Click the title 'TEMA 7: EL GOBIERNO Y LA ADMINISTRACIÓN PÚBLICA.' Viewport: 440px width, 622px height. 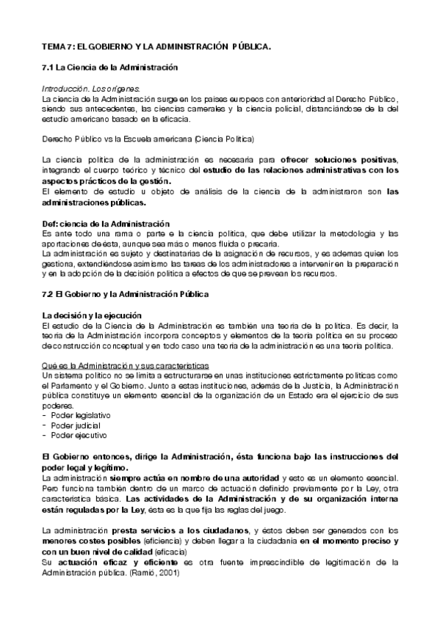click(x=156, y=47)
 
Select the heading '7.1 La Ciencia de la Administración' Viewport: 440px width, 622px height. click(x=111, y=67)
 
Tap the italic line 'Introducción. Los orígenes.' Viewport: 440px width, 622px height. click(x=91, y=88)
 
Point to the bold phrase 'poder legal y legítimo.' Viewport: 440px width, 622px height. click(x=85, y=467)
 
